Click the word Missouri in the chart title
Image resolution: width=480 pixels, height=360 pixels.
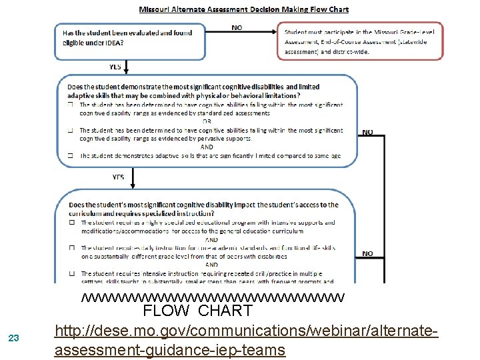155,10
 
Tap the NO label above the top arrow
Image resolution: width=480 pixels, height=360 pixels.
237,27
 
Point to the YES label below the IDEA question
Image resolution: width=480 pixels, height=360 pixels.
115,67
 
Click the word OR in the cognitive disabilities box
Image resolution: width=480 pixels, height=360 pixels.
207,122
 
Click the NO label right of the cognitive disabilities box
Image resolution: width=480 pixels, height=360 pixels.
367,132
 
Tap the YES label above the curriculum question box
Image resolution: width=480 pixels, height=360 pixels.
117,177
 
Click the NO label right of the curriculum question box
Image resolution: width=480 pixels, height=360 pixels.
367,253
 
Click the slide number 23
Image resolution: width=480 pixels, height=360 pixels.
15,338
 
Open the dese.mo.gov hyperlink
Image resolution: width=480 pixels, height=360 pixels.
246,339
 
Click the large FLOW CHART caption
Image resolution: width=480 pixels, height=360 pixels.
198,311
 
